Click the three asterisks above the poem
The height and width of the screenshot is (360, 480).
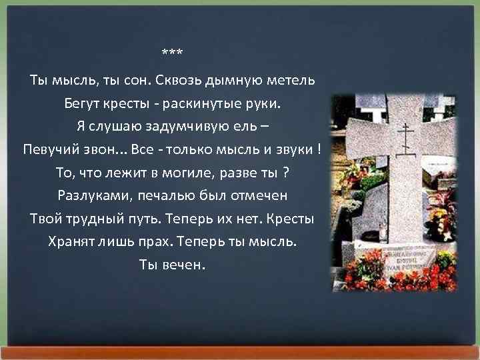173,53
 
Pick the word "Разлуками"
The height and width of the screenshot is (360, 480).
89,196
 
